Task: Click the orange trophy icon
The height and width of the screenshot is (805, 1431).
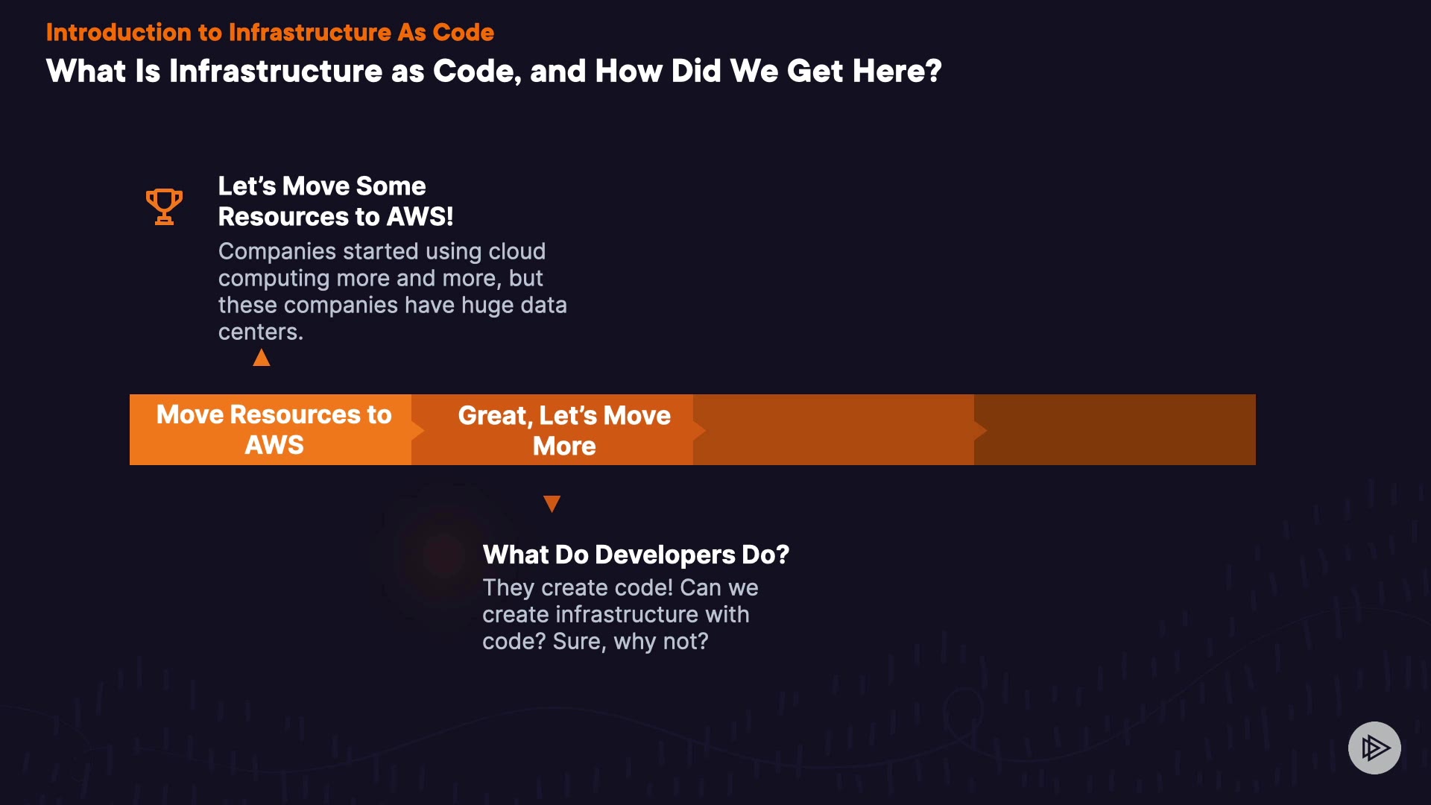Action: point(164,206)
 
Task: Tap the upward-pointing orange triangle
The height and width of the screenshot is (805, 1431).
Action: point(262,358)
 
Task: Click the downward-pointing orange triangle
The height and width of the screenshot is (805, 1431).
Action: point(552,504)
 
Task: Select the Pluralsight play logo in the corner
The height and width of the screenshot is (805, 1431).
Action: point(1374,748)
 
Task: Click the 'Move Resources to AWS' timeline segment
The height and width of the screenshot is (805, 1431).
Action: point(271,429)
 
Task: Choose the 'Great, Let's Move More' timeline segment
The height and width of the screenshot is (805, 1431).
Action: point(552,429)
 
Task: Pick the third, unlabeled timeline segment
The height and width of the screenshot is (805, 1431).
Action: point(833,429)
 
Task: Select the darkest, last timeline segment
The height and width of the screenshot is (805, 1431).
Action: point(1115,429)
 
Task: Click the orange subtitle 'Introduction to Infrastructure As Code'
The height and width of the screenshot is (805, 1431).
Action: point(270,32)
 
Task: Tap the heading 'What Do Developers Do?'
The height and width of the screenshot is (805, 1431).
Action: point(636,555)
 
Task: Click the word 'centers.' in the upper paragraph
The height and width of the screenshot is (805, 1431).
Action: point(261,332)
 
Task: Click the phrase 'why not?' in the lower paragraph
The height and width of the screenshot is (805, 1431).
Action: point(661,642)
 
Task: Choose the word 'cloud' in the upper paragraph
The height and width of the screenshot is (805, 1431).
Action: point(517,251)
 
